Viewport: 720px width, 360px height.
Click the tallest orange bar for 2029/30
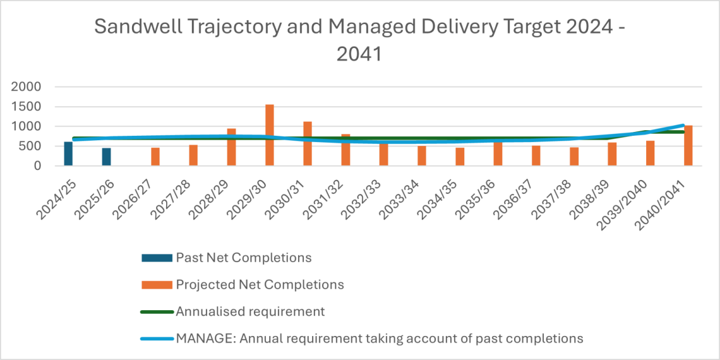[x=269, y=135]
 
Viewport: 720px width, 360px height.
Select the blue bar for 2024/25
[x=68, y=154]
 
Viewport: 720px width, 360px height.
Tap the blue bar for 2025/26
[x=106, y=157]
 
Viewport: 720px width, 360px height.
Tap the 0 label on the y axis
[x=38, y=165]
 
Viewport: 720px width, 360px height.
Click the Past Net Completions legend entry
[x=243, y=258]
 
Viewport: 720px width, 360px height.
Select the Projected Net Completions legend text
[x=260, y=285]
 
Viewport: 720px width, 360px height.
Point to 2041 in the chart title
[x=359, y=54]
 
